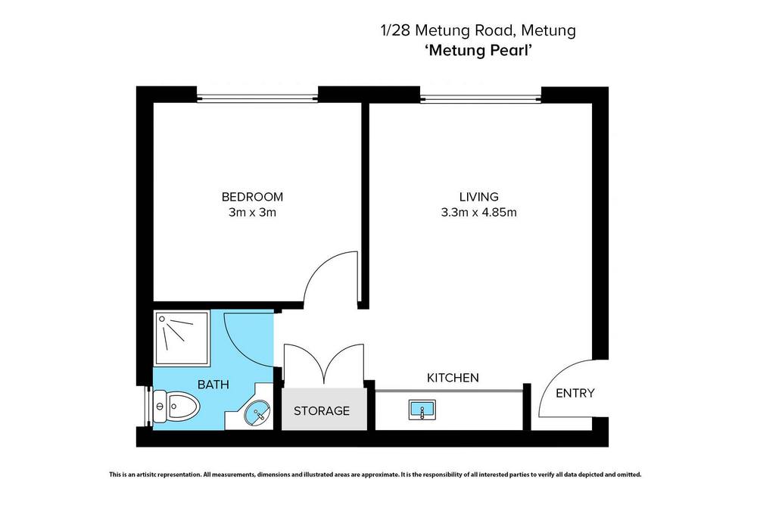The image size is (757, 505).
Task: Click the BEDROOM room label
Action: (x=252, y=197)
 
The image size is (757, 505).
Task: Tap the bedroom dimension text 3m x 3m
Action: (x=252, y=213)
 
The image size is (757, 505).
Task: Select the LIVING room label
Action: (x=479, y=197)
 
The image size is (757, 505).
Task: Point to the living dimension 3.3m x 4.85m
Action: (x=479, y=213)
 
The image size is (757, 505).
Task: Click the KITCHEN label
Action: (x=453, y=378)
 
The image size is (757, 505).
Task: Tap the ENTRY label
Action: (x=575, y=393)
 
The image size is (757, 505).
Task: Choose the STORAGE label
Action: (x=322, y=411)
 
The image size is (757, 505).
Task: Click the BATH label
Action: (x=213, y=385)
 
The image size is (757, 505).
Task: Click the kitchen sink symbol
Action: (x=422, y=410)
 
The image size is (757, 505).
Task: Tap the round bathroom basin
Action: (x=257, y=413)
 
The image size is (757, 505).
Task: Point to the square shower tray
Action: (x=182, y=338)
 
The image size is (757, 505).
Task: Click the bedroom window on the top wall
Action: (x=257, y=98)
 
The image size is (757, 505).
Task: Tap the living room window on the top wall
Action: (x=481, y=98)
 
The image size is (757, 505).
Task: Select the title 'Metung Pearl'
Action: (x=478, y=50)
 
